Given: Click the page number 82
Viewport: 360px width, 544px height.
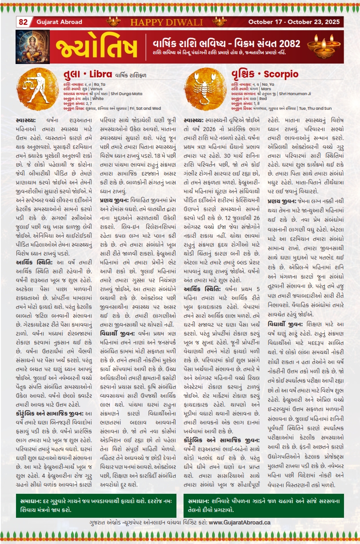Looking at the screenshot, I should [23, 22].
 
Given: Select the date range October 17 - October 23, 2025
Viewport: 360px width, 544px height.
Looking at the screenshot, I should [294, 22].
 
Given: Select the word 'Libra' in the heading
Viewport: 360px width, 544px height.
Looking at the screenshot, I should [104, 74].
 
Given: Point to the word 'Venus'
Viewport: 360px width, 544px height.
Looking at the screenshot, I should [96, 89].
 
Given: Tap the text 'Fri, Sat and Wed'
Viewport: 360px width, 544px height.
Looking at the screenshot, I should [145, 108].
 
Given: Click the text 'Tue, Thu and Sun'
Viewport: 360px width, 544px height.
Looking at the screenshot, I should [316, 108].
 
